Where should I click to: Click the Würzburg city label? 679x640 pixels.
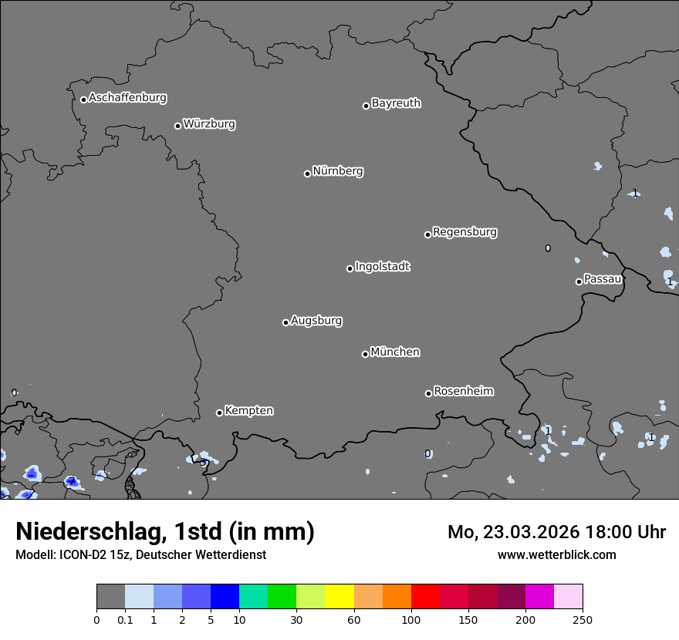209,124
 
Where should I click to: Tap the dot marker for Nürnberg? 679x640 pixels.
307,173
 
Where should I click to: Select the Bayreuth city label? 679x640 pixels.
396,103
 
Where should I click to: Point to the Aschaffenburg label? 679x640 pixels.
127,98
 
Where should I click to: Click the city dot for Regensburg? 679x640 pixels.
427,234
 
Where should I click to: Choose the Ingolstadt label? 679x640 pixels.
382,267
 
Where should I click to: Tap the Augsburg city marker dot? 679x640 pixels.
285,322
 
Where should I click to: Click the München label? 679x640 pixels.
395,352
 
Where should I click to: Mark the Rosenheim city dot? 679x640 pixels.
428,393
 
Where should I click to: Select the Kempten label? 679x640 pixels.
248,411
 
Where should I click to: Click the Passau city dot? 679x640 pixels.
579,281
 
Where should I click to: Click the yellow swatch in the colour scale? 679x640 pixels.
339,597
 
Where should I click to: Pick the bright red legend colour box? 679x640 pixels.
425,597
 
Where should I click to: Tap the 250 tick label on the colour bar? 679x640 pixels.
583,620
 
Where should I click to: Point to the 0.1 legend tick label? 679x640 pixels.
125,620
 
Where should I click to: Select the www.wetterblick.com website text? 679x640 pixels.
557,554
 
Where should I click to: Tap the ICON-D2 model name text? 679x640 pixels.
79,554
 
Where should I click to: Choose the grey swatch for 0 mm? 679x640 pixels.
110,597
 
